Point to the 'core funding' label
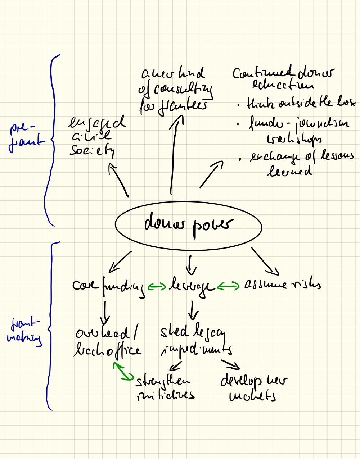tap(108, 286)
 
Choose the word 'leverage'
tap(191, 287)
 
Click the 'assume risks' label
tap(283, 285)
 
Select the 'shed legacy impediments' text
tap(196, 340)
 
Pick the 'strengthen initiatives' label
tap(165, 388)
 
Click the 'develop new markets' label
tap(254, 388)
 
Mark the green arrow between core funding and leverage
tap(157, 286)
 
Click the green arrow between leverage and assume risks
tap(228, 286)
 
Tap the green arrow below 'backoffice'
tap(122, 372)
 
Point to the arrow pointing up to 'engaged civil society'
tap(118, 180)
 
